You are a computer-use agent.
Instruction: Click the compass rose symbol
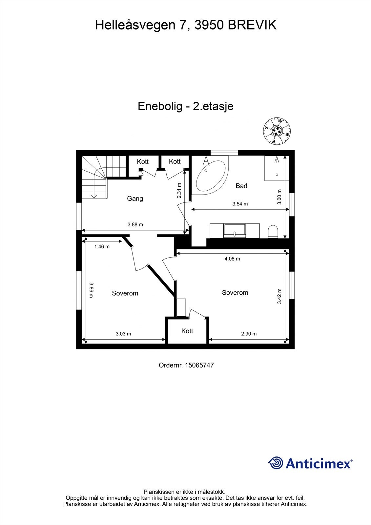pyautogui.click(x=278, y=131)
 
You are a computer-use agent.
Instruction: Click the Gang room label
pyautogui.click(x=135, y=199)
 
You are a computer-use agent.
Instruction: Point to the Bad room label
pyautogui.click(x=241, y=186)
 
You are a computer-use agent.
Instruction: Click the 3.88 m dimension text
pyautogui.click(x=135, y=225)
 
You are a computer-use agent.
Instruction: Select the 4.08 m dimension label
pyautogui.click(x=232, y=259)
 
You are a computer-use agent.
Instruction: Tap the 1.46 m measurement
pyautogui.click(x=102, y=246)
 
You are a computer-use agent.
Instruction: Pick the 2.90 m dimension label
pyautogui.click(x=249, y=334)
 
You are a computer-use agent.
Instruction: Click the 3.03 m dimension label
pyautogui.click(x=123, y=334)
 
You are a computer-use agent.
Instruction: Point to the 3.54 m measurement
pyautogui.click(x=240, y=204)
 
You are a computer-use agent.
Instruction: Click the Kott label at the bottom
pyautogui.click(x=187, y=331)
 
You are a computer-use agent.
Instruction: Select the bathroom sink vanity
pyautogui.click(x=235, y=230)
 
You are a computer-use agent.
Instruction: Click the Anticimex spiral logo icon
pyautogui.click(x=276, y=463)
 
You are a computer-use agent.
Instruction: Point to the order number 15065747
pyautogui.click(x=199, y=365)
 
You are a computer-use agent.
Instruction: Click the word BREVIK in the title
pyautogui.click(x=252, y=25)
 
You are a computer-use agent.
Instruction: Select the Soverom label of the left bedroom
pyautogui.click(x=125, y=293)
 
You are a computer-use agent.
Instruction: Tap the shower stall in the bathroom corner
pyautogui.click(x=277, y=168)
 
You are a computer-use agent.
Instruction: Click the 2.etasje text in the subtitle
pyautogui.click(x=213, y=106)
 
